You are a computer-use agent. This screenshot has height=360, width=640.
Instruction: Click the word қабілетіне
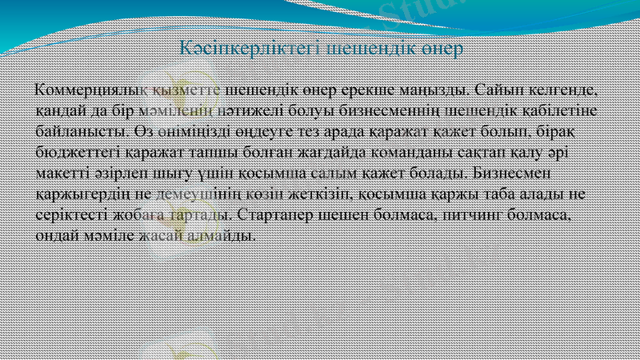pos(563,106)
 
